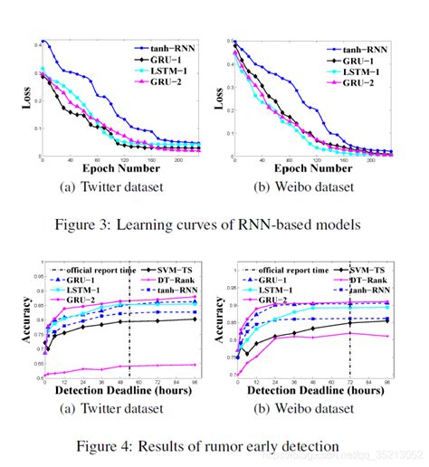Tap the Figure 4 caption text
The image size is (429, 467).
tap(214, 444)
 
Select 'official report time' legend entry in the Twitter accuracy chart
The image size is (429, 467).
tap(91, 270)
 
